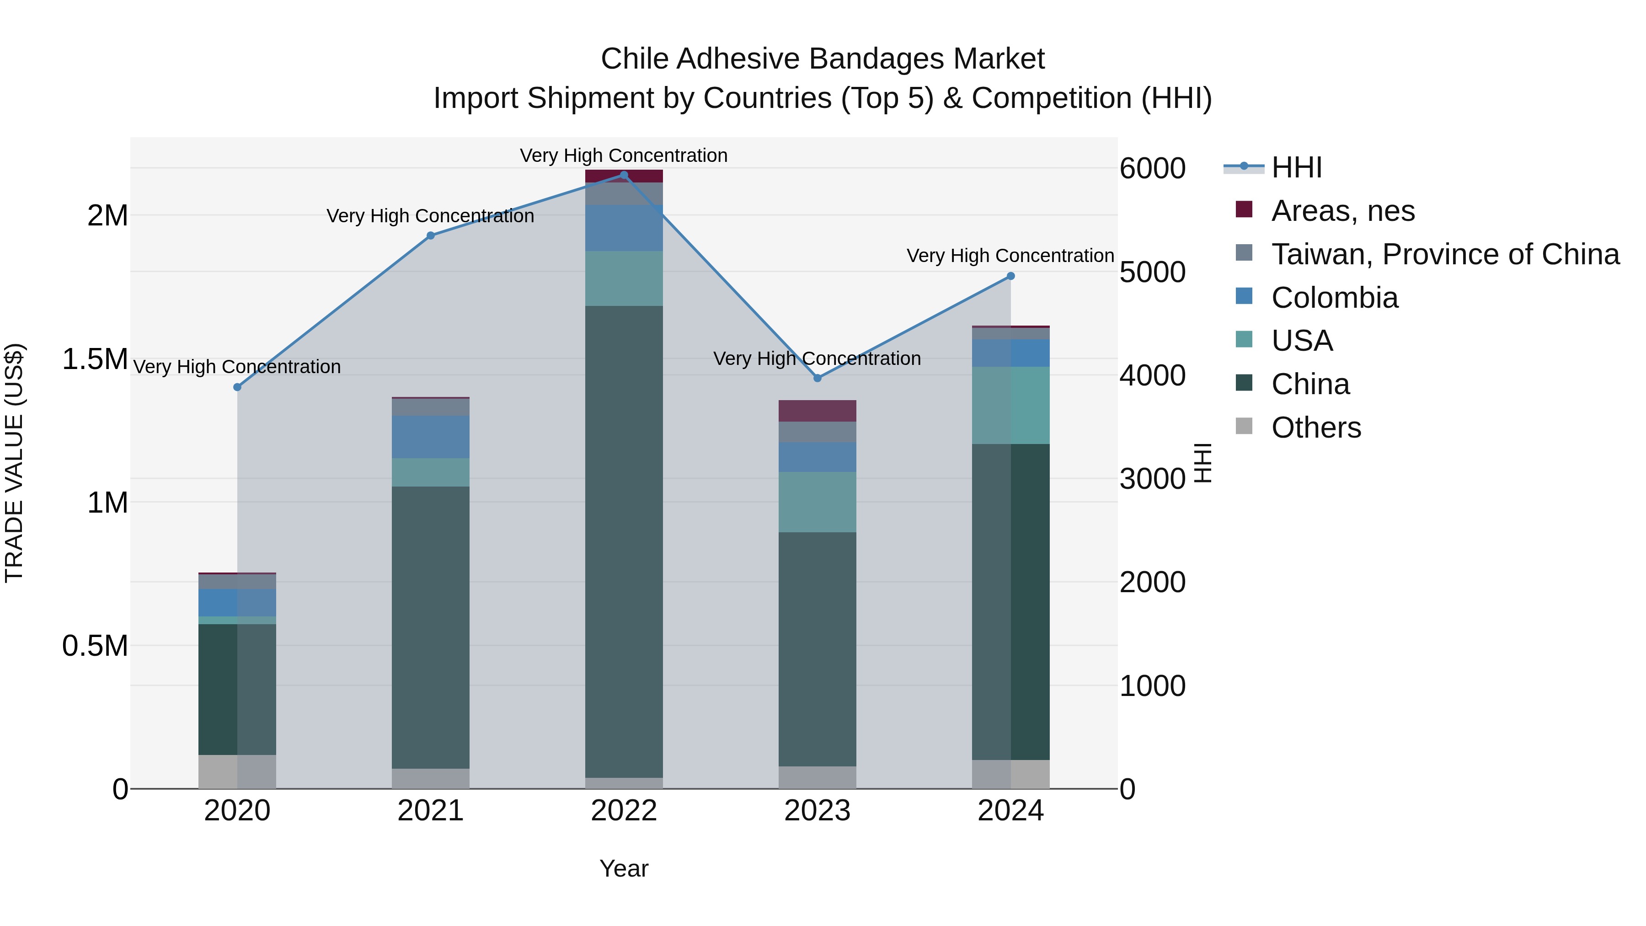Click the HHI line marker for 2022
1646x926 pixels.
pos(624,175)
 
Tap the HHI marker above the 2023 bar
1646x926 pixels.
pos(817,378)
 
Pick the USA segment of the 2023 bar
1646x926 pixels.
pos(817,502)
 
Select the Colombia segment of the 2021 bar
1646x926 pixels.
pos(430,437)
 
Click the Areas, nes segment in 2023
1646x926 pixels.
pos(817,411)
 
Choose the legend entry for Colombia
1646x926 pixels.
pos(1334,298)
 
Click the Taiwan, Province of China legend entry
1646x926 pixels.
pos(1444,254)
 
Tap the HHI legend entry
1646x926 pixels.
pos(1296,167)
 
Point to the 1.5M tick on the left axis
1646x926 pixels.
pos(95,359)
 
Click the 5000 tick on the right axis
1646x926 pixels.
pos(1153,272)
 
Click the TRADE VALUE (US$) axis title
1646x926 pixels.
pos(14,463)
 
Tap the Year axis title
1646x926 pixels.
pos(624,868)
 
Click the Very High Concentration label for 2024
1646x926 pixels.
pos(1010,256)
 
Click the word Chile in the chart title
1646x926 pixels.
pos(635,59)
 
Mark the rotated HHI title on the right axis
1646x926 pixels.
pos(1202,463)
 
